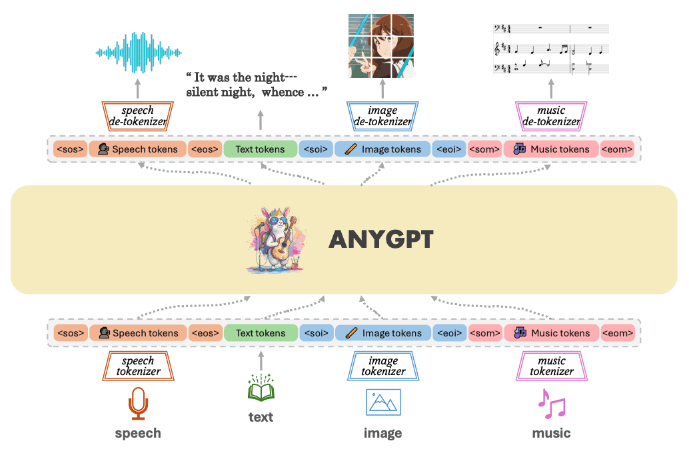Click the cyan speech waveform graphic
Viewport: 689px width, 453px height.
tap(138, 52)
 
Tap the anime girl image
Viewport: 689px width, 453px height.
tap(381, 46)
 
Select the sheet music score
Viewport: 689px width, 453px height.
tap(551, 49)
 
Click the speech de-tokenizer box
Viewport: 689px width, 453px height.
tap(138, 116)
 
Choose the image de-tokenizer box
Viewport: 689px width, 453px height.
tap(382, 116)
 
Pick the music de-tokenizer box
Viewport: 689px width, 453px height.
tap(551, 116)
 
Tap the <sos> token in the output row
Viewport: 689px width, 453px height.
tap(70, 149)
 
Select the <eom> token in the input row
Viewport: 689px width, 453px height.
tap(618, 333)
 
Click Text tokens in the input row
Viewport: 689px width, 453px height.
tap(261, 333)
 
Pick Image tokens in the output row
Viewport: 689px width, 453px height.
tap(383, 149)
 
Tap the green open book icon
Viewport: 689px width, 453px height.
tap(261, 388)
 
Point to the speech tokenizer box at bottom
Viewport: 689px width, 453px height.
tap(138, 366)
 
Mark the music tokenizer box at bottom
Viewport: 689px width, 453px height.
tap(551, 366)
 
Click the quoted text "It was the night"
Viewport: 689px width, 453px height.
tap(241, 77)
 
